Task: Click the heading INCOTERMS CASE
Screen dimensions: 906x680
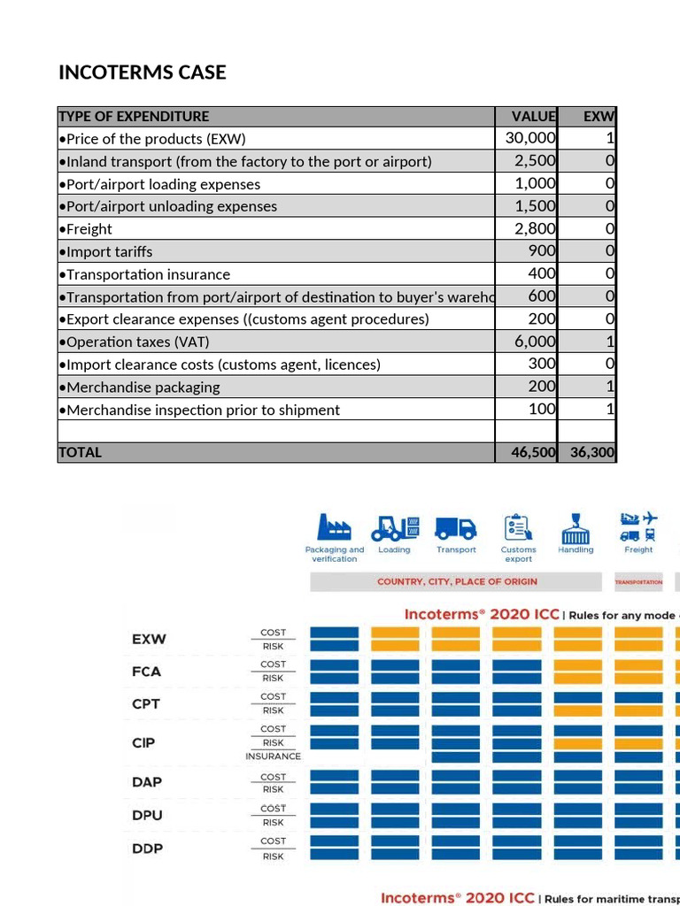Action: click(143, 73)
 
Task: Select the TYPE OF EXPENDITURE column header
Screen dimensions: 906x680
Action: click(134, 116)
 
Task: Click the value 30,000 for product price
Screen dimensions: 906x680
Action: click(530, 138)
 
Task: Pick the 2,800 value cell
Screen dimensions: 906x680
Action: click(536, 228)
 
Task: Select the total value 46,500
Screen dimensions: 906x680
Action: click(533, 452)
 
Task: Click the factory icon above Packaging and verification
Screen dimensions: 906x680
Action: click(335, 527)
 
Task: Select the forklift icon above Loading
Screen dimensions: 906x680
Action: click(394, 527)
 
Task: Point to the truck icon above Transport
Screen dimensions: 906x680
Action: click(457, 527)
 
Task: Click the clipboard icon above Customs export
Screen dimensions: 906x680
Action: click(518, 527)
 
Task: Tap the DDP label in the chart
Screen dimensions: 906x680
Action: click(147, 848)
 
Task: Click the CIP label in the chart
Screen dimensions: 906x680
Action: click(143, 742)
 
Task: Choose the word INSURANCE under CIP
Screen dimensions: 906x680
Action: click(273, 756)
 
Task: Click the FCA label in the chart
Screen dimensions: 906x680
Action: click(146, 671)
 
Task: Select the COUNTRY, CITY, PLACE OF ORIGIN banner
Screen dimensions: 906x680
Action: click(457, 581)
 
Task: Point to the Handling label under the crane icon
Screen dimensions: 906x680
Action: click(576, 550)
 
